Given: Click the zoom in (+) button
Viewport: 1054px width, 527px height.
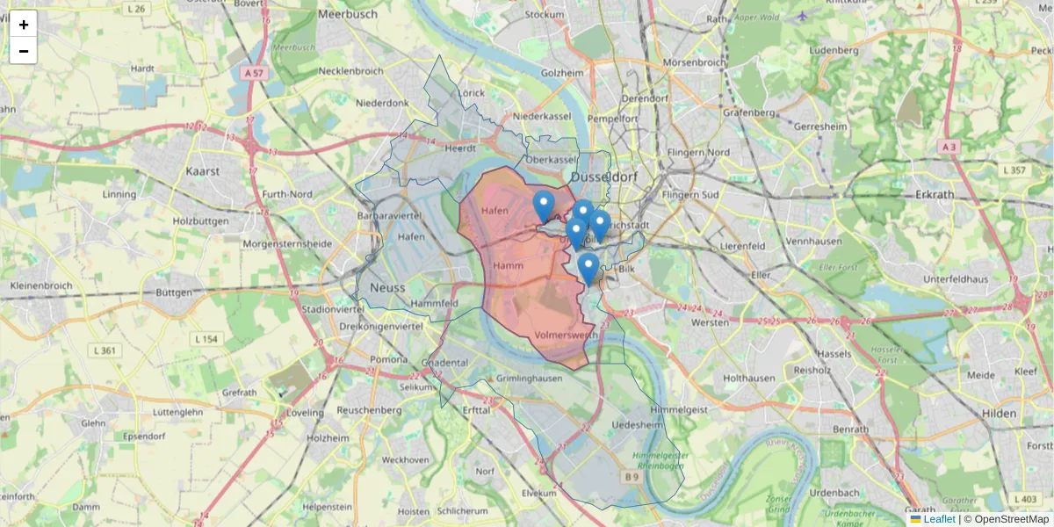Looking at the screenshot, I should tap(24, 25).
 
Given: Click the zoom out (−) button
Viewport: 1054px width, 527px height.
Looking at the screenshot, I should tap(24, 51).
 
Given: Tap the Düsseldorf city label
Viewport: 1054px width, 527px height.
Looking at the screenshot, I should tap(604, 177).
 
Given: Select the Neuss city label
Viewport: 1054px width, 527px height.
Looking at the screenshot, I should tap(387, 287).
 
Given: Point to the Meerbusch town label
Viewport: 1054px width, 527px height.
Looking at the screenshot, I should tap(348, 14).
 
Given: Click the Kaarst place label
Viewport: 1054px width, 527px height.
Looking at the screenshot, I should tap(202, 171).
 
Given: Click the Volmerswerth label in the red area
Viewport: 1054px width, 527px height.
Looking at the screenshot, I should tap(566, 336).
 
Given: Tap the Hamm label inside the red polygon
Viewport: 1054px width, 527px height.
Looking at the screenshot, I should tap(509, 265).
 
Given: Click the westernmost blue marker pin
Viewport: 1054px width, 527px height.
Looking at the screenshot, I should tap(544, 206).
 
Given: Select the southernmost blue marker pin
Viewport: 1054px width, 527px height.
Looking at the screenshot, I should tap(588, 267).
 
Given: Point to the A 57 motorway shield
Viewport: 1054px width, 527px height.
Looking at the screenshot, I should tap(254, 74).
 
